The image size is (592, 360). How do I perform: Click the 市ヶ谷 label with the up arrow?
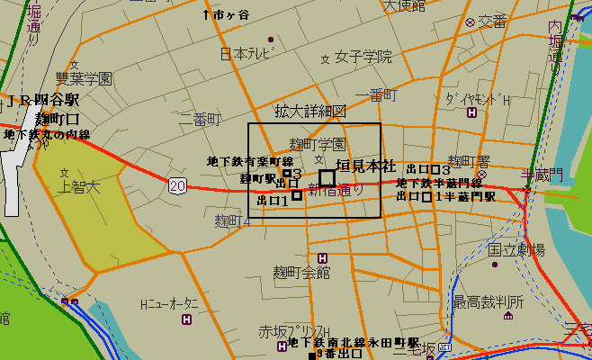[x=227, y=14]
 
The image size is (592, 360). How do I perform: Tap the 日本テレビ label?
[x=245, y=54]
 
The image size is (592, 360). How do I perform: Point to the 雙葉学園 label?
[x=84, y=79]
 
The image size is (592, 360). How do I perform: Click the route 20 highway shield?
[x=177, y=184]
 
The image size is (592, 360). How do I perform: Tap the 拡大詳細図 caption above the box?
[x=310, y=112]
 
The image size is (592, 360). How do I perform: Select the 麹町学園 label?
[x=317, y=144]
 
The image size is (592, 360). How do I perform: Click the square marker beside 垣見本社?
[x=327, y=178]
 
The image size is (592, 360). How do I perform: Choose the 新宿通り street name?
[x=337, y=190]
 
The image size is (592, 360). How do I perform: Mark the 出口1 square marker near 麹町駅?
[x=297, y=195]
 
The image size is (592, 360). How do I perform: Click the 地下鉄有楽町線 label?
[x=244, y=161]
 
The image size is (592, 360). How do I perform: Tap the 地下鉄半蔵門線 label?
[x=440, y=183]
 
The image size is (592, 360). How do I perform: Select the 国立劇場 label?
[x=516, y=248]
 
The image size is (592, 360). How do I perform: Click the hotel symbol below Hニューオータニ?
[x=186, y=319]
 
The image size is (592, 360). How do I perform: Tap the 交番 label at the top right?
[x=493, y=21]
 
